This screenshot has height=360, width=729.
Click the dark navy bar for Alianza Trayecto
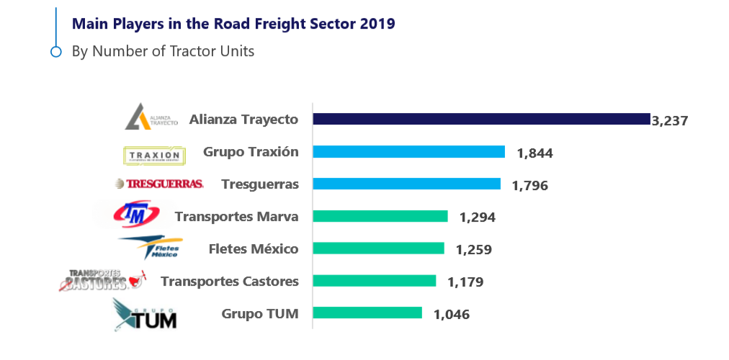481,120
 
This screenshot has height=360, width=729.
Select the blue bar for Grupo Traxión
408,152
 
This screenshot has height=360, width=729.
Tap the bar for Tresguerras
406,184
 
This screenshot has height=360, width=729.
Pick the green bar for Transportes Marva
380,216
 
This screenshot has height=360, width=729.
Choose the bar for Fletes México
378,248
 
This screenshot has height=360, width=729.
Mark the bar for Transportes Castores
374,281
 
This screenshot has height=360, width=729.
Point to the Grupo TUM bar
367,312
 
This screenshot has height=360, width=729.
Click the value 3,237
670,121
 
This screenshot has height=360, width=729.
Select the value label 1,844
535,153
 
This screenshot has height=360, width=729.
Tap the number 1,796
530,185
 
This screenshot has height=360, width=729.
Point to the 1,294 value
478,217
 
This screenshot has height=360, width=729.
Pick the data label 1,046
452,314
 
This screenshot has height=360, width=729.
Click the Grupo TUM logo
146,315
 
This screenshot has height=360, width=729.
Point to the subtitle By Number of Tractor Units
163,51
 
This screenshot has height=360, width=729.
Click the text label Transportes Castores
229,281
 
